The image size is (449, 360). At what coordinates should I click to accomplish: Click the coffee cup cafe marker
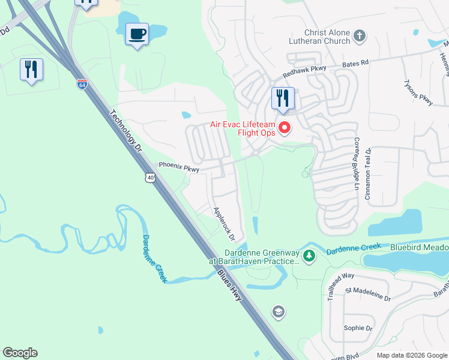click(x=137, y=34)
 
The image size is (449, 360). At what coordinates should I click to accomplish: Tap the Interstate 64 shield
click(x=82, y=84)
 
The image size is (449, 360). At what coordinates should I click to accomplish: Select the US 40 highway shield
click(x=149, y=177)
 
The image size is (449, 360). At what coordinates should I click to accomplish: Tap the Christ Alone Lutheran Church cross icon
click(x=360, y=36)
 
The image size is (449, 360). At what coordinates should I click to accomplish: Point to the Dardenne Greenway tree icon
click(x=309, y=256)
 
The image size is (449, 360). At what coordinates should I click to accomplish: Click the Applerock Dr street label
click(x=229, y=224)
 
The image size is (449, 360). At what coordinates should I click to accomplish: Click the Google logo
click(x=20, y=353)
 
